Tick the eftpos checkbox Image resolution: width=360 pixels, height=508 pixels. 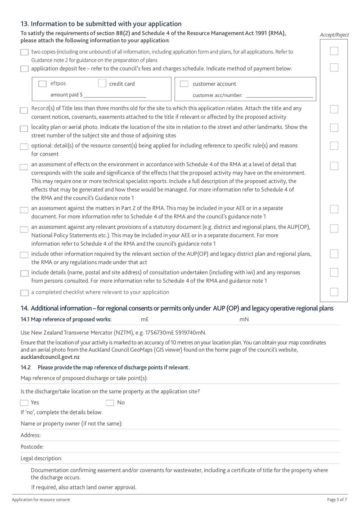pos(42,84)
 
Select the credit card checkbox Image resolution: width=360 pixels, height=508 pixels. pos(102,84)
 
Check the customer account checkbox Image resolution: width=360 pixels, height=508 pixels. pos(184,84)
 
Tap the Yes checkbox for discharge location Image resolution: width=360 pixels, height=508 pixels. pos(24,403)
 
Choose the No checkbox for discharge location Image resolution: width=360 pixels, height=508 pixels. pos(110,403)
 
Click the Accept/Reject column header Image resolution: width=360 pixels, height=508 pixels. pos(334,35)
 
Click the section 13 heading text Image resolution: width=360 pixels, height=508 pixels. pos(101,24)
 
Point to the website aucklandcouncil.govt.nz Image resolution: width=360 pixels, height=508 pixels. pos(50,357)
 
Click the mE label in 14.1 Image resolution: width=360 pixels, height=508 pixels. pos(145,320)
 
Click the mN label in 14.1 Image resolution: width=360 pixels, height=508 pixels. pos(244,320)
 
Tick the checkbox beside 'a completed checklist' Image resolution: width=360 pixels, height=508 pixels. pos(24,293)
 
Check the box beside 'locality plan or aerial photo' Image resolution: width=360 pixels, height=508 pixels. pos(24,129)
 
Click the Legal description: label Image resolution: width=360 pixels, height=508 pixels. pos(41,459)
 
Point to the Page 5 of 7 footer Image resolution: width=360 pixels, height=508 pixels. pos(337,500)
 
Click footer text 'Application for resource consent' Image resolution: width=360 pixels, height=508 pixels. pos(41,500)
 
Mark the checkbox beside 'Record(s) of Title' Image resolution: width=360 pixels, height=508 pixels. pos(24,110)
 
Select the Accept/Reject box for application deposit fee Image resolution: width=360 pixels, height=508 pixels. pos(334,68)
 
